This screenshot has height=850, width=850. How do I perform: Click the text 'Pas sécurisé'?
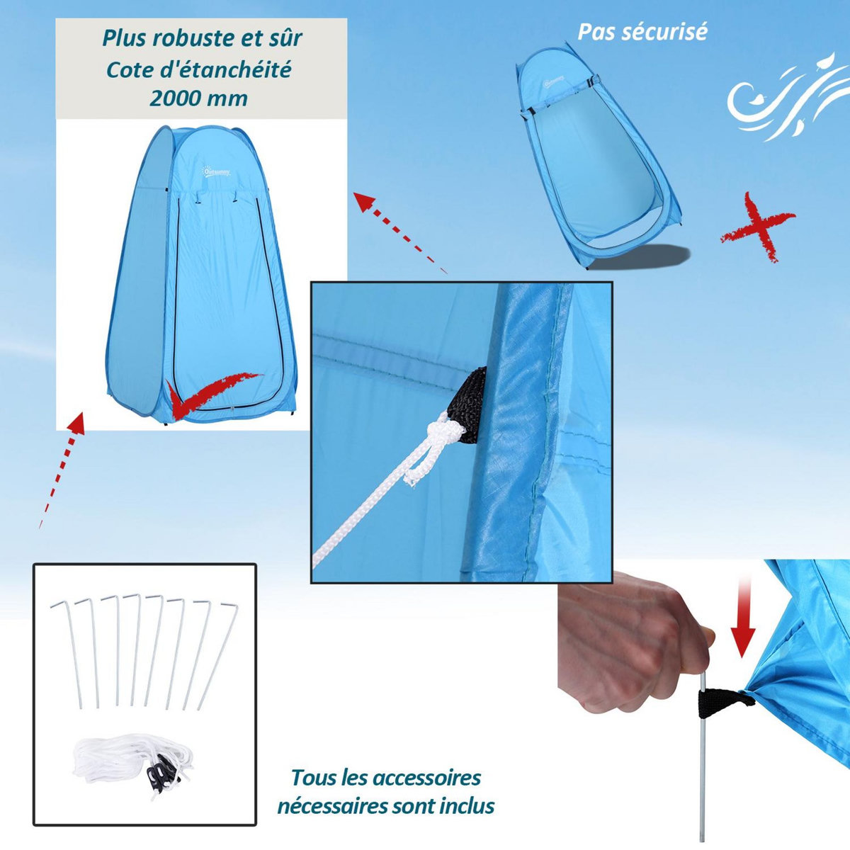[x=642, y=32]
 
